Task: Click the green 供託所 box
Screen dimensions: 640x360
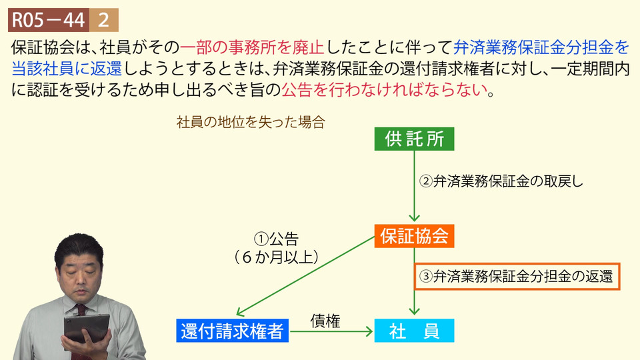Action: tap(414, 139)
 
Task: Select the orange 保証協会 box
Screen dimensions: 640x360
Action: tap(414, 236)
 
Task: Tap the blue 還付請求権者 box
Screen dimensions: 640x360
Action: tap(232, 331)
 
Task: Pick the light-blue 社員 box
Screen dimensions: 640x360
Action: tap(414, 331)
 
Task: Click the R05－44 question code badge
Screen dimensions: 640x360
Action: tap(49, 20)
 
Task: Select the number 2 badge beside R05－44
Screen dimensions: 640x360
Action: tap(104, 20)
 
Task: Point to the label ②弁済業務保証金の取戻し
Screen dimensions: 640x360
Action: tap(501, 181)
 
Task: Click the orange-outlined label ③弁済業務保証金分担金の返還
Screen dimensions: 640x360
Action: tap(517, 276)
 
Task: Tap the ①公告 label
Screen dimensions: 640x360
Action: tap(276, 239)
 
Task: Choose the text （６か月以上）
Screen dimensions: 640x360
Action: tap(276, 257)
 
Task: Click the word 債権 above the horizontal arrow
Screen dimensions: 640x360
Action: tap(325, 321)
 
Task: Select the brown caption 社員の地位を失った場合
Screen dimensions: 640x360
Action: tap(251, 122)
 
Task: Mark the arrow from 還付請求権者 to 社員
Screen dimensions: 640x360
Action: tap(331, 331)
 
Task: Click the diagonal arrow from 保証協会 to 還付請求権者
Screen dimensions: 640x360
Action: tap(306, 276)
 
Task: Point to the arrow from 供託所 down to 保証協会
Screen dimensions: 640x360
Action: tap(414, 186)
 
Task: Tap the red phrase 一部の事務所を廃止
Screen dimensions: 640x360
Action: tap(252, 48)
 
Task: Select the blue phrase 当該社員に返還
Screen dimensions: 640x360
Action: tap(67, 69)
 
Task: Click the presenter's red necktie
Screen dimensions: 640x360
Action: tap(81, 312)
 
